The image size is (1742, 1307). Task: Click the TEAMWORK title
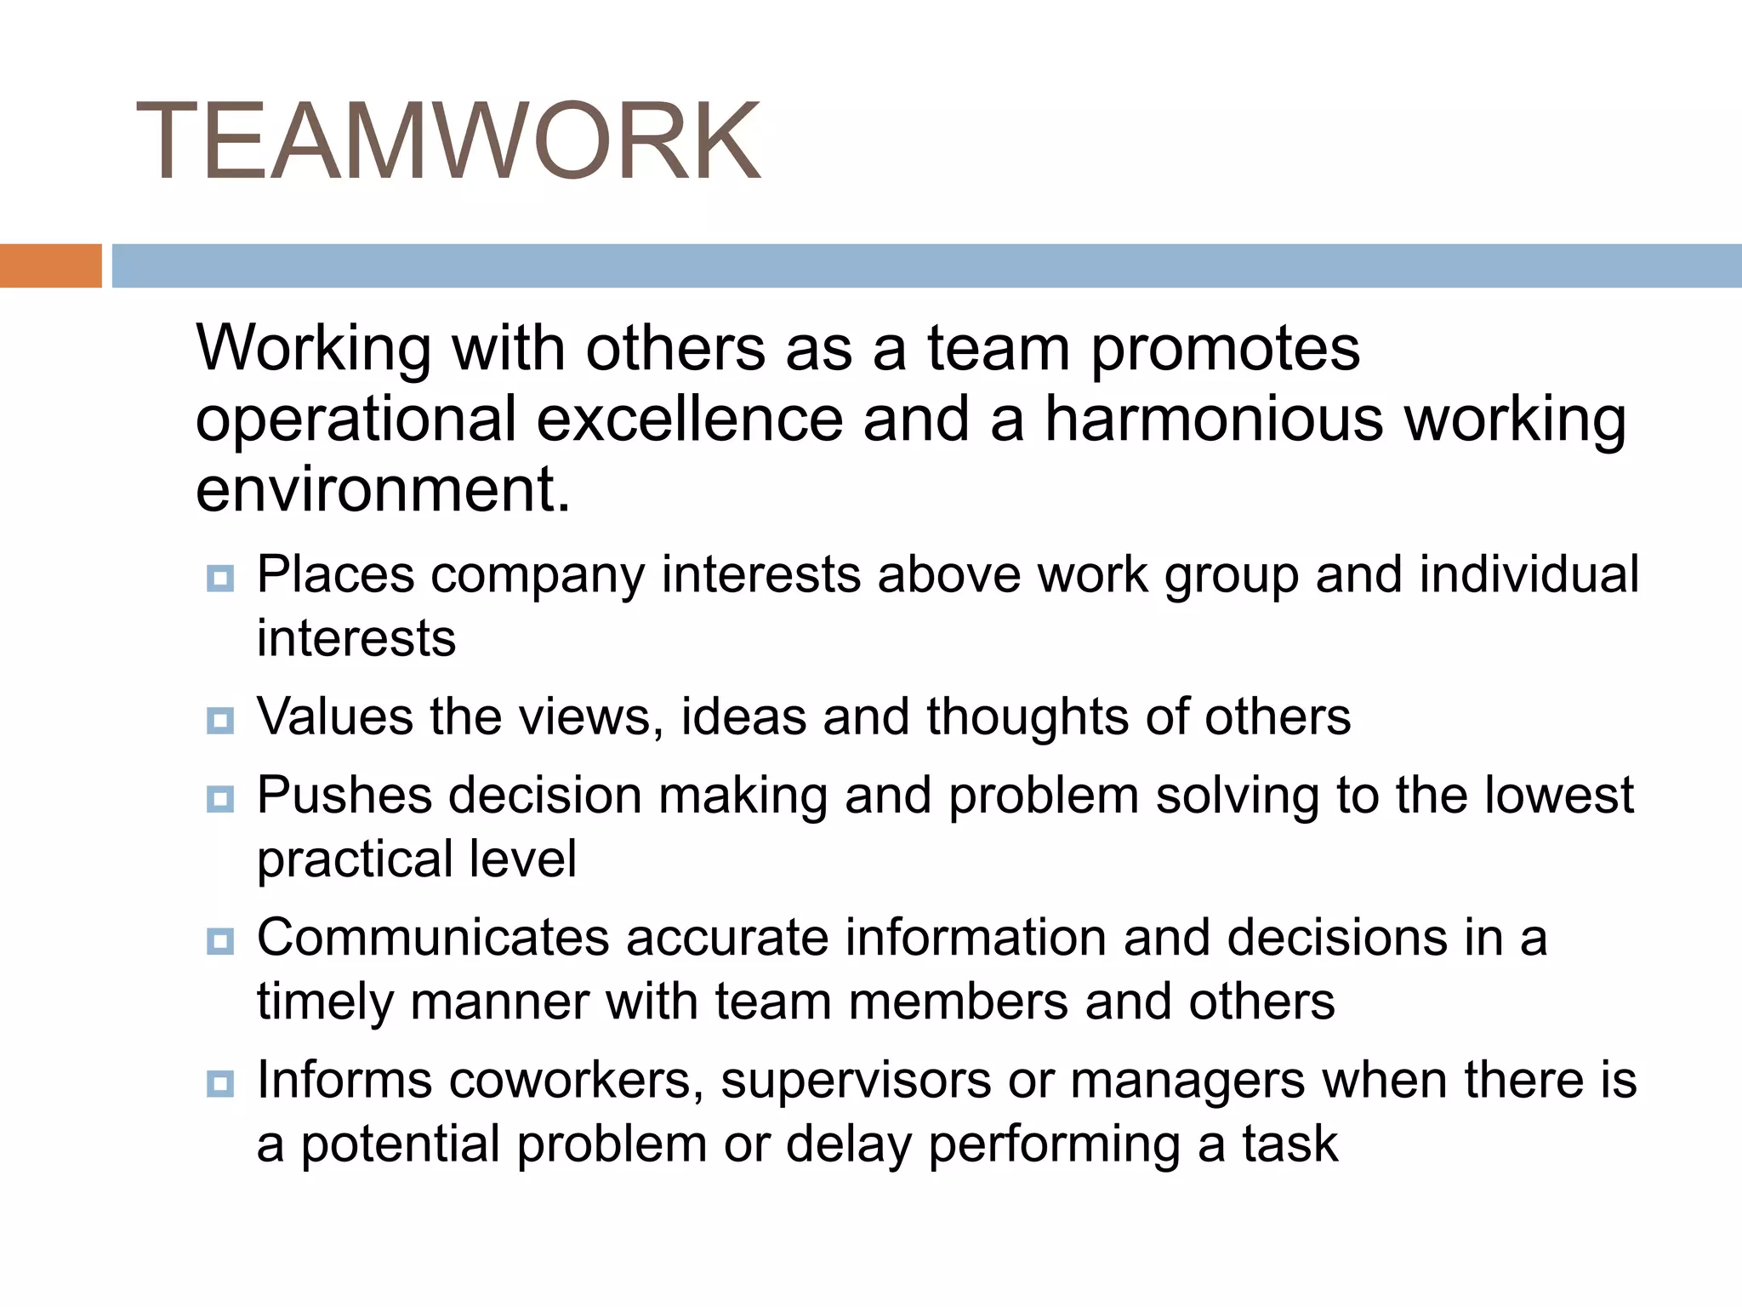448,141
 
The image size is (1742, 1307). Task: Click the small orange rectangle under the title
50,265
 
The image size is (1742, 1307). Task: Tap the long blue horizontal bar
926,265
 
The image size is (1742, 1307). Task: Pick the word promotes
1225,349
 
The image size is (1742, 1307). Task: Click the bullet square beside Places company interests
220,579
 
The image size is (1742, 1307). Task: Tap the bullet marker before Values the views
220,721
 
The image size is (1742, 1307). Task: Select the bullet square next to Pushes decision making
220,799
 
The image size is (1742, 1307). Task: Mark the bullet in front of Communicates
220,941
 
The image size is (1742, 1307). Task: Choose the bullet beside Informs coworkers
220,1083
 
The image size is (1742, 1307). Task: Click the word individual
1529,574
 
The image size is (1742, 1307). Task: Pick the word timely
325,1002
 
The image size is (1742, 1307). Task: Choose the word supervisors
856,1080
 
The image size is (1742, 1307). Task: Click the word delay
848,1144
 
